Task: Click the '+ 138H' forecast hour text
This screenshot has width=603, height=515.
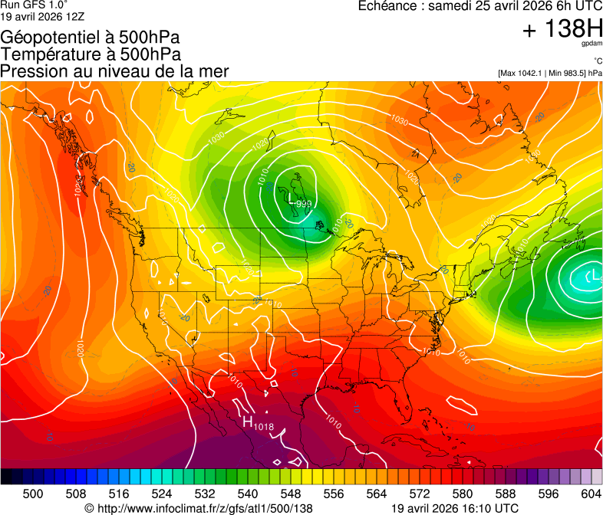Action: (562, 29)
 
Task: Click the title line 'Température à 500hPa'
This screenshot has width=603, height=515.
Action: (91, 54)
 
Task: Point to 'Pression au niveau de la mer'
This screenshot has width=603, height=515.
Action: (114, 71)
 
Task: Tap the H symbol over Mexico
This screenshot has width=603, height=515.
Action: (248, 422)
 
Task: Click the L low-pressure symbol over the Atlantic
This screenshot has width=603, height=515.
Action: (591, 275)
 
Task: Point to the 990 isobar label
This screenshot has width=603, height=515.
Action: (304, 203)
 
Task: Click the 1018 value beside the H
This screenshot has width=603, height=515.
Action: (263, 426)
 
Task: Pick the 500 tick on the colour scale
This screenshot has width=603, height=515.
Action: (33, 493)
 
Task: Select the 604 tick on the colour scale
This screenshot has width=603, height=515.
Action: (591, 493)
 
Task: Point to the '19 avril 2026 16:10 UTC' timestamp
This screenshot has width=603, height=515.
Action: (455, 507)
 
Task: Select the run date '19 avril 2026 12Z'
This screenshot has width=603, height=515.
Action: (42, 15)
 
